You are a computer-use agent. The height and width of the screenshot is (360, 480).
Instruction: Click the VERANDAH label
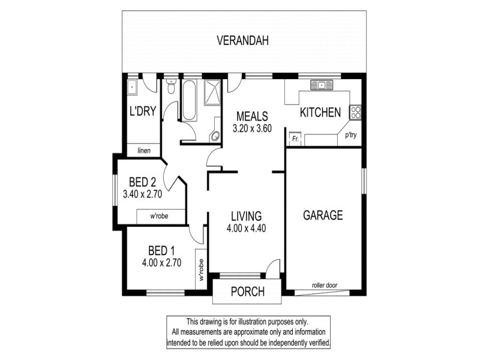242,40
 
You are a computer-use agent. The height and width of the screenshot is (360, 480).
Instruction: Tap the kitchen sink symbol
322,85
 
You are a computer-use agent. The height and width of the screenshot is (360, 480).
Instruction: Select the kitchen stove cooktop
356,112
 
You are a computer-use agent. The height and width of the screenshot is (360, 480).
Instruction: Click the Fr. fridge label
295,139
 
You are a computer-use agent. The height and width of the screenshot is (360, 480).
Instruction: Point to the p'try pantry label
351,135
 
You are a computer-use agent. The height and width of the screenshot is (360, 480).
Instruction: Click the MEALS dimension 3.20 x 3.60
252,128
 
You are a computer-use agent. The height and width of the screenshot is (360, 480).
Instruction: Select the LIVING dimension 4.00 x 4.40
246,229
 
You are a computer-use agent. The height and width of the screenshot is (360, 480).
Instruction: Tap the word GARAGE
323,215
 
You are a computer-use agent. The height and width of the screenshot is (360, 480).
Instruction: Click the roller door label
325,286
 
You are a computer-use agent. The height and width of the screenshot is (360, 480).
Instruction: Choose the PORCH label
248,292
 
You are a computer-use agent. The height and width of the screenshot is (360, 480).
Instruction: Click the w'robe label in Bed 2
159,216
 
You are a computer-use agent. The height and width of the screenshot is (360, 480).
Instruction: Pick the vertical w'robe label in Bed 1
201,269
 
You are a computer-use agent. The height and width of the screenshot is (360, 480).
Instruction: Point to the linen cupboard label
144,151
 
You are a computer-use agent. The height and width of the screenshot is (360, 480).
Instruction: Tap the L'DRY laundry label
143,111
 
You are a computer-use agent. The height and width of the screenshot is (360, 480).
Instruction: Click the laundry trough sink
132,88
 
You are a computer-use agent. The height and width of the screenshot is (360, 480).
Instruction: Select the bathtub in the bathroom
189,100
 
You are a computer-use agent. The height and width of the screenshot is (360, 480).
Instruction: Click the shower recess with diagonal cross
212,92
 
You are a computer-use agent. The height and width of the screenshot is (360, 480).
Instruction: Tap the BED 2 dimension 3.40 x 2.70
142,194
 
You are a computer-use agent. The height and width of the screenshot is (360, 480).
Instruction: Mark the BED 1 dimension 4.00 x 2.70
161,263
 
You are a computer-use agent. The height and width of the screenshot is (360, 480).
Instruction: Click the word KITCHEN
320,113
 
